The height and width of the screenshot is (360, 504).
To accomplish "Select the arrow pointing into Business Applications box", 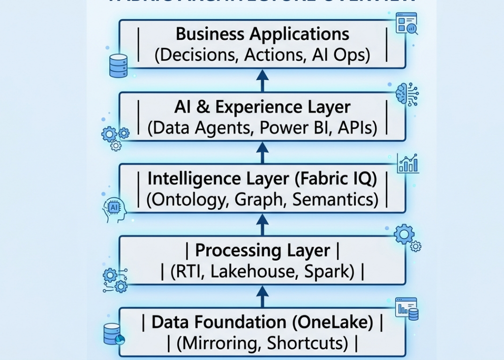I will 262,80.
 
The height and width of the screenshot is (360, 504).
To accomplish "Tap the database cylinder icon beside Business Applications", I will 118,65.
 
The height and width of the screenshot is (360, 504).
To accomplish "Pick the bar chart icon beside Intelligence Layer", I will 408,163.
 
